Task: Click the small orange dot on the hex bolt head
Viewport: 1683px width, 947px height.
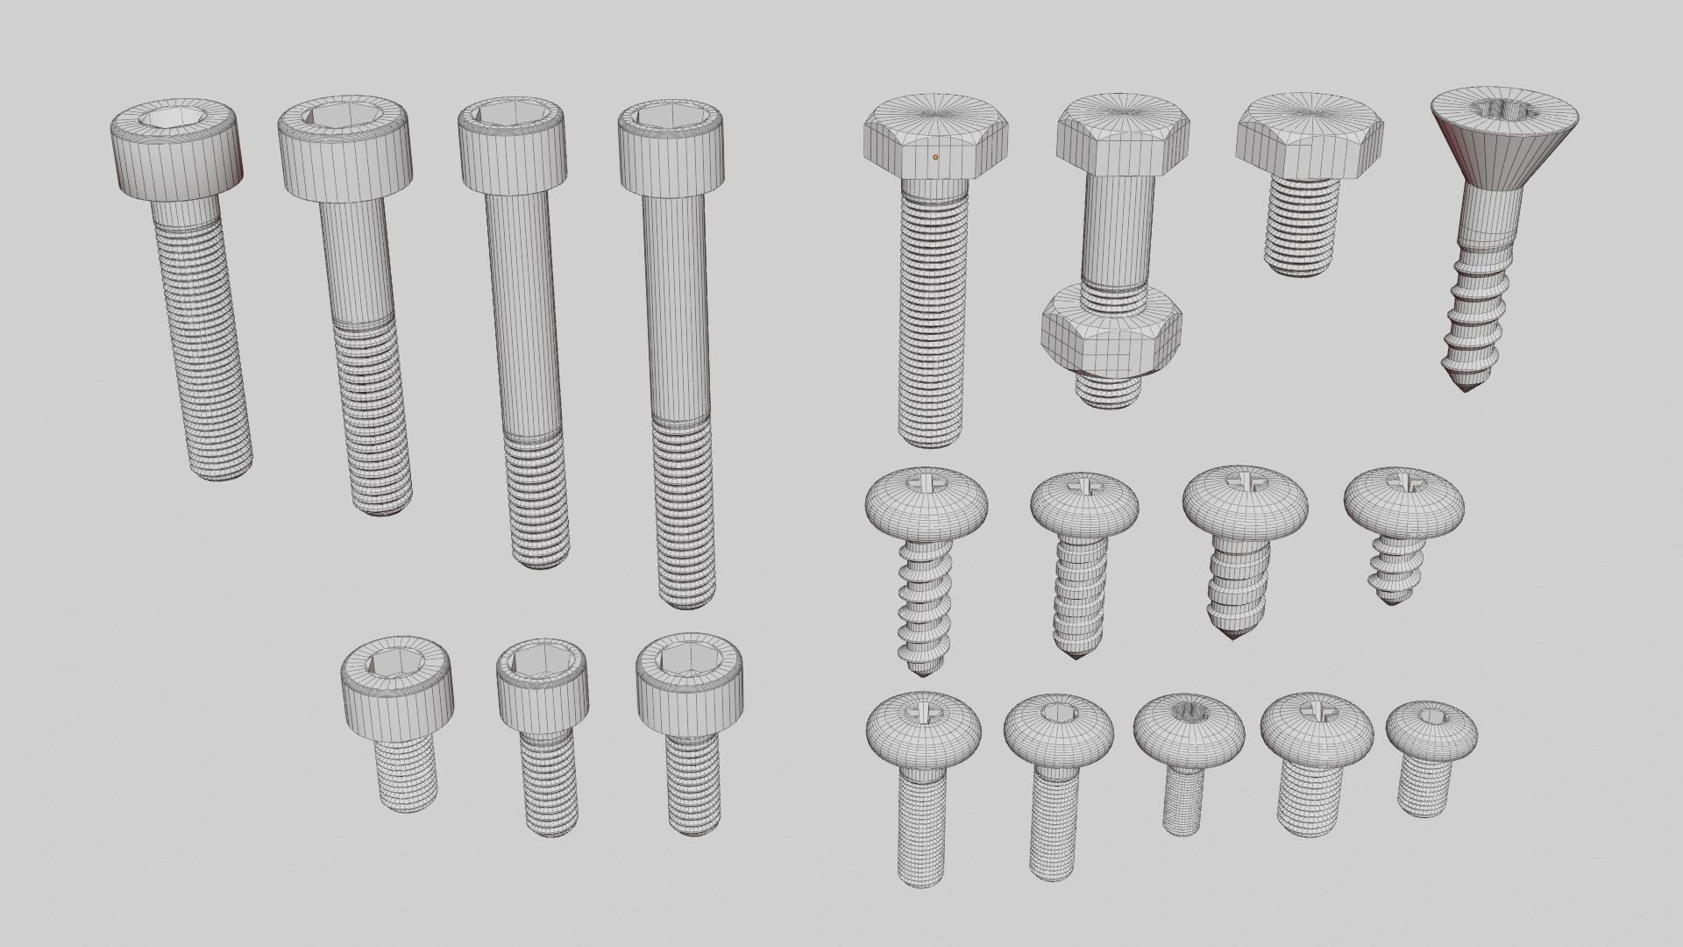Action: pos(935,157)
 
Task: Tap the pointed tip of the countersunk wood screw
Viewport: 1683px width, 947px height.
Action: pos(1465,385)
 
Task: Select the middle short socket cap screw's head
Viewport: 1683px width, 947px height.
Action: pos(542,689)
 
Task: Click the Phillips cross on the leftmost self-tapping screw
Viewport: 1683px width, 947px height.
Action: pos(928,481)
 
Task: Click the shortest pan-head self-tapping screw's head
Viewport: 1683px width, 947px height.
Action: pos(1403,503)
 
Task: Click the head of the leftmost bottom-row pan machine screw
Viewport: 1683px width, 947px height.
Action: pos(923,728)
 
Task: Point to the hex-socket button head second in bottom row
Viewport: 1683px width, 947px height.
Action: pos(1058,730)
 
